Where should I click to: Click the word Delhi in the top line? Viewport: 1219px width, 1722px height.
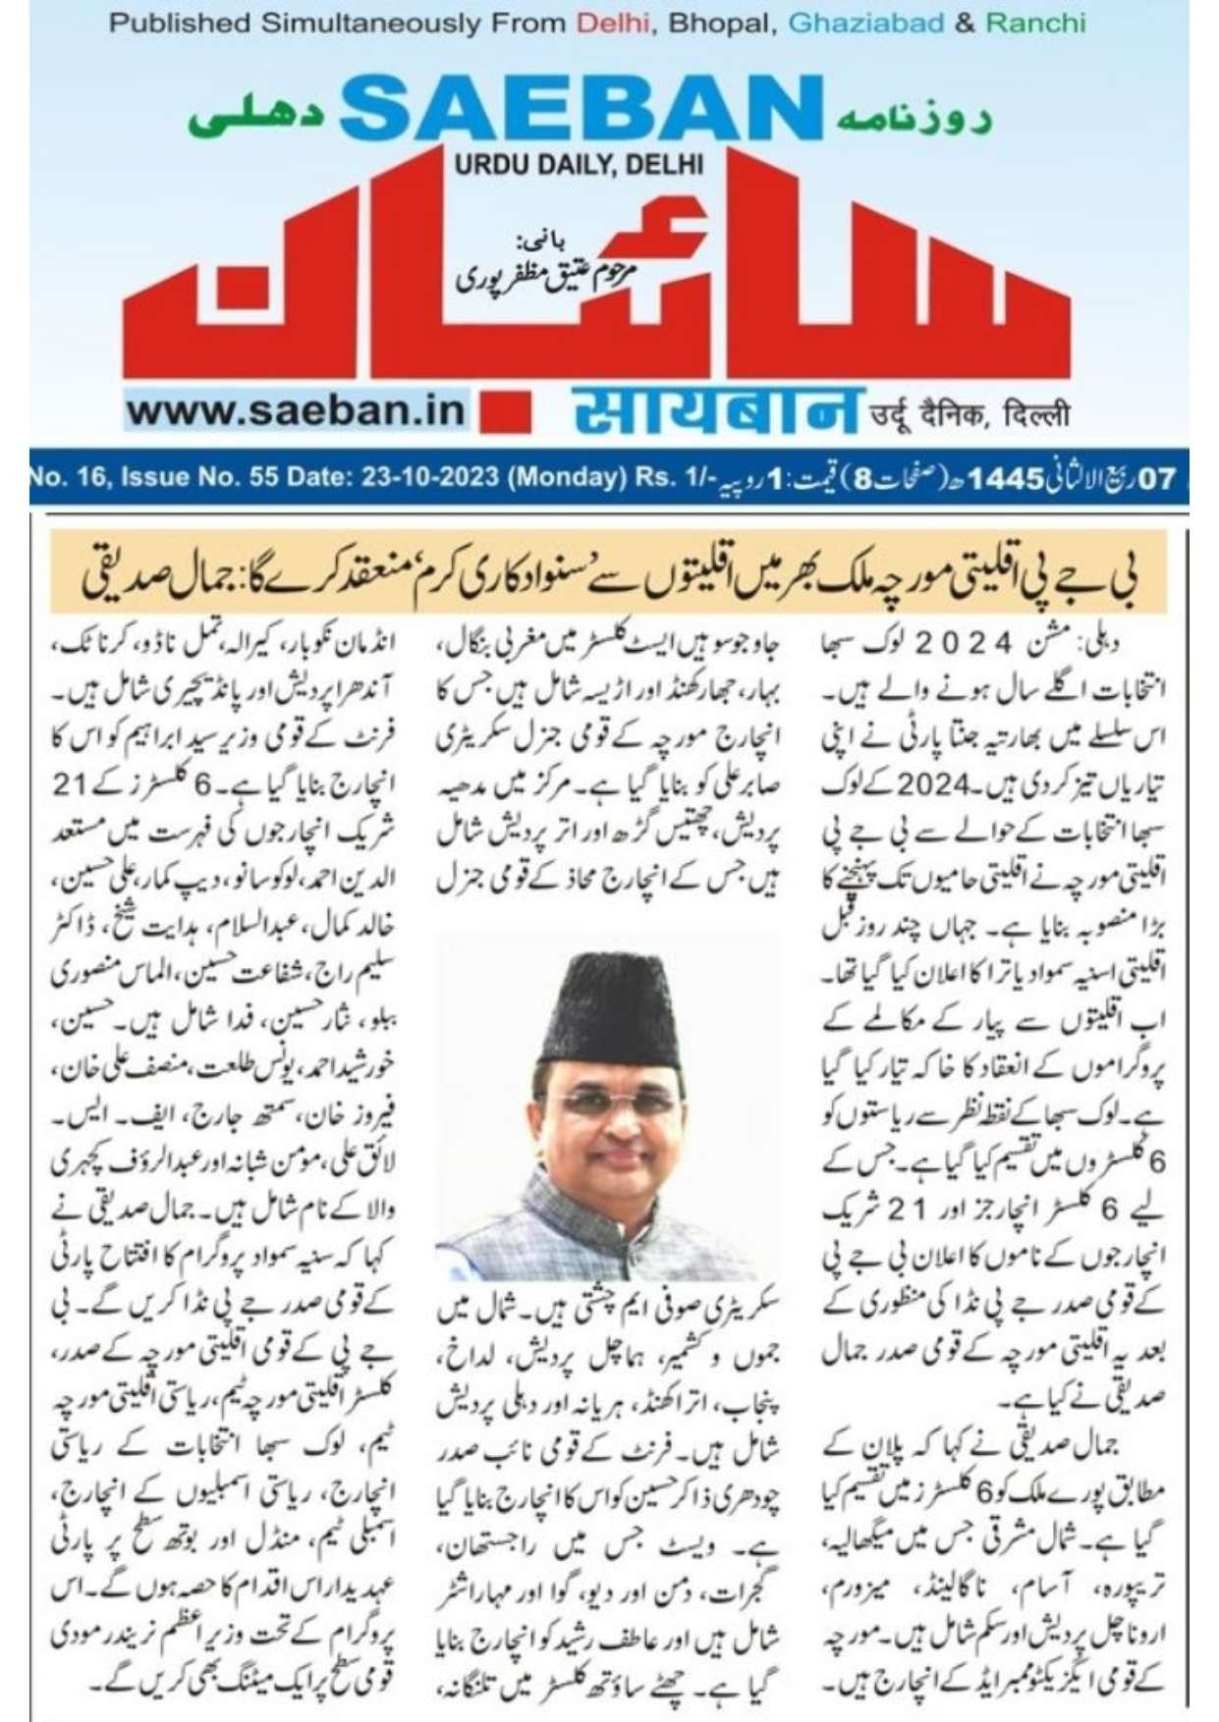coord(613,23)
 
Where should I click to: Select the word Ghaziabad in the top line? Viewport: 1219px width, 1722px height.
coord(865,23)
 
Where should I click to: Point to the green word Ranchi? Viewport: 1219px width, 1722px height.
coord(1035,23)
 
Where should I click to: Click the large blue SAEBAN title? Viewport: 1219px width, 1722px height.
coord(582,109)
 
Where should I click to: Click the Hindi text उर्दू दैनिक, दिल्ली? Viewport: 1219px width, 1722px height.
coord(970,415)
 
